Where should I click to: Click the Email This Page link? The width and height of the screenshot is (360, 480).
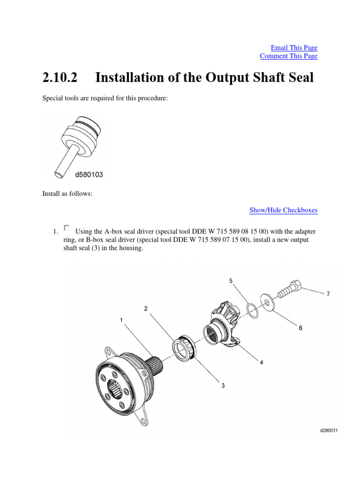(x=294, y=48)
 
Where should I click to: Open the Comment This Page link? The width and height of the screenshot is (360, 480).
(x=288, y=56)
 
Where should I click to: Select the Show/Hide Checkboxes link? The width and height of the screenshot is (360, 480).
(x=283, y=210)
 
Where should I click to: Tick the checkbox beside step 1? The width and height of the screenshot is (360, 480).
(x=67, y=228)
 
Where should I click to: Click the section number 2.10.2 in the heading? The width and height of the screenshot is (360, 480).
(x=59, y=77)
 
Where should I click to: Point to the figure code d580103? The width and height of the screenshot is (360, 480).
(x=89, y=175)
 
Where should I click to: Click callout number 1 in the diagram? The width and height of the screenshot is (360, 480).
(x=121, y=320)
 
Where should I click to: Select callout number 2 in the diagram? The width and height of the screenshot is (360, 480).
(x=146, y=308)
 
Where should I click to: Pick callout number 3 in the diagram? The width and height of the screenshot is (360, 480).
(x=223, y=386)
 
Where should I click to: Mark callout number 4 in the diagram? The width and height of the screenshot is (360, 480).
(x=262, y=362)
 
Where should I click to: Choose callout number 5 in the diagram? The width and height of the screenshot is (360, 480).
(x=231, y=281)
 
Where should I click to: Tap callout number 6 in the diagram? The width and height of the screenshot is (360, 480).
(x=300, y=328)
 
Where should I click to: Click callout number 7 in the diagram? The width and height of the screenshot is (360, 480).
(x=328, y=294)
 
